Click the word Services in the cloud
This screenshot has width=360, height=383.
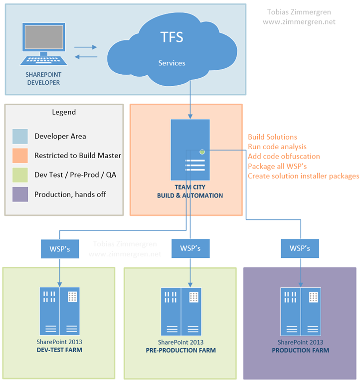[x=172, y=63]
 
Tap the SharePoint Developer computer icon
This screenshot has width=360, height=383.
[x=43, y=45]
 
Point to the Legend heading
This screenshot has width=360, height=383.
[x=64, y=112]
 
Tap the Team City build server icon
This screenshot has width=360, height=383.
[x=189, y=150]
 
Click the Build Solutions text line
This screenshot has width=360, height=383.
[x=272, y=137]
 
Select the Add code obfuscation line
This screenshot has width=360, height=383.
[x=284, y=157]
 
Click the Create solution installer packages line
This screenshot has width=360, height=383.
[x=303, y=176]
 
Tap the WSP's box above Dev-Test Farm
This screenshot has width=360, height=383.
[x=60, y=248]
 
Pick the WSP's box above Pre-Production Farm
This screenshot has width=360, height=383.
[x=190, y=248]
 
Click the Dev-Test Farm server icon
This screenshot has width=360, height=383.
[x=59, y=311]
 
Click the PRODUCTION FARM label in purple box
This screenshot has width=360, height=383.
[x=301, y=351]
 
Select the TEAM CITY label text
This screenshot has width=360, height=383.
[x=190, y=188]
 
